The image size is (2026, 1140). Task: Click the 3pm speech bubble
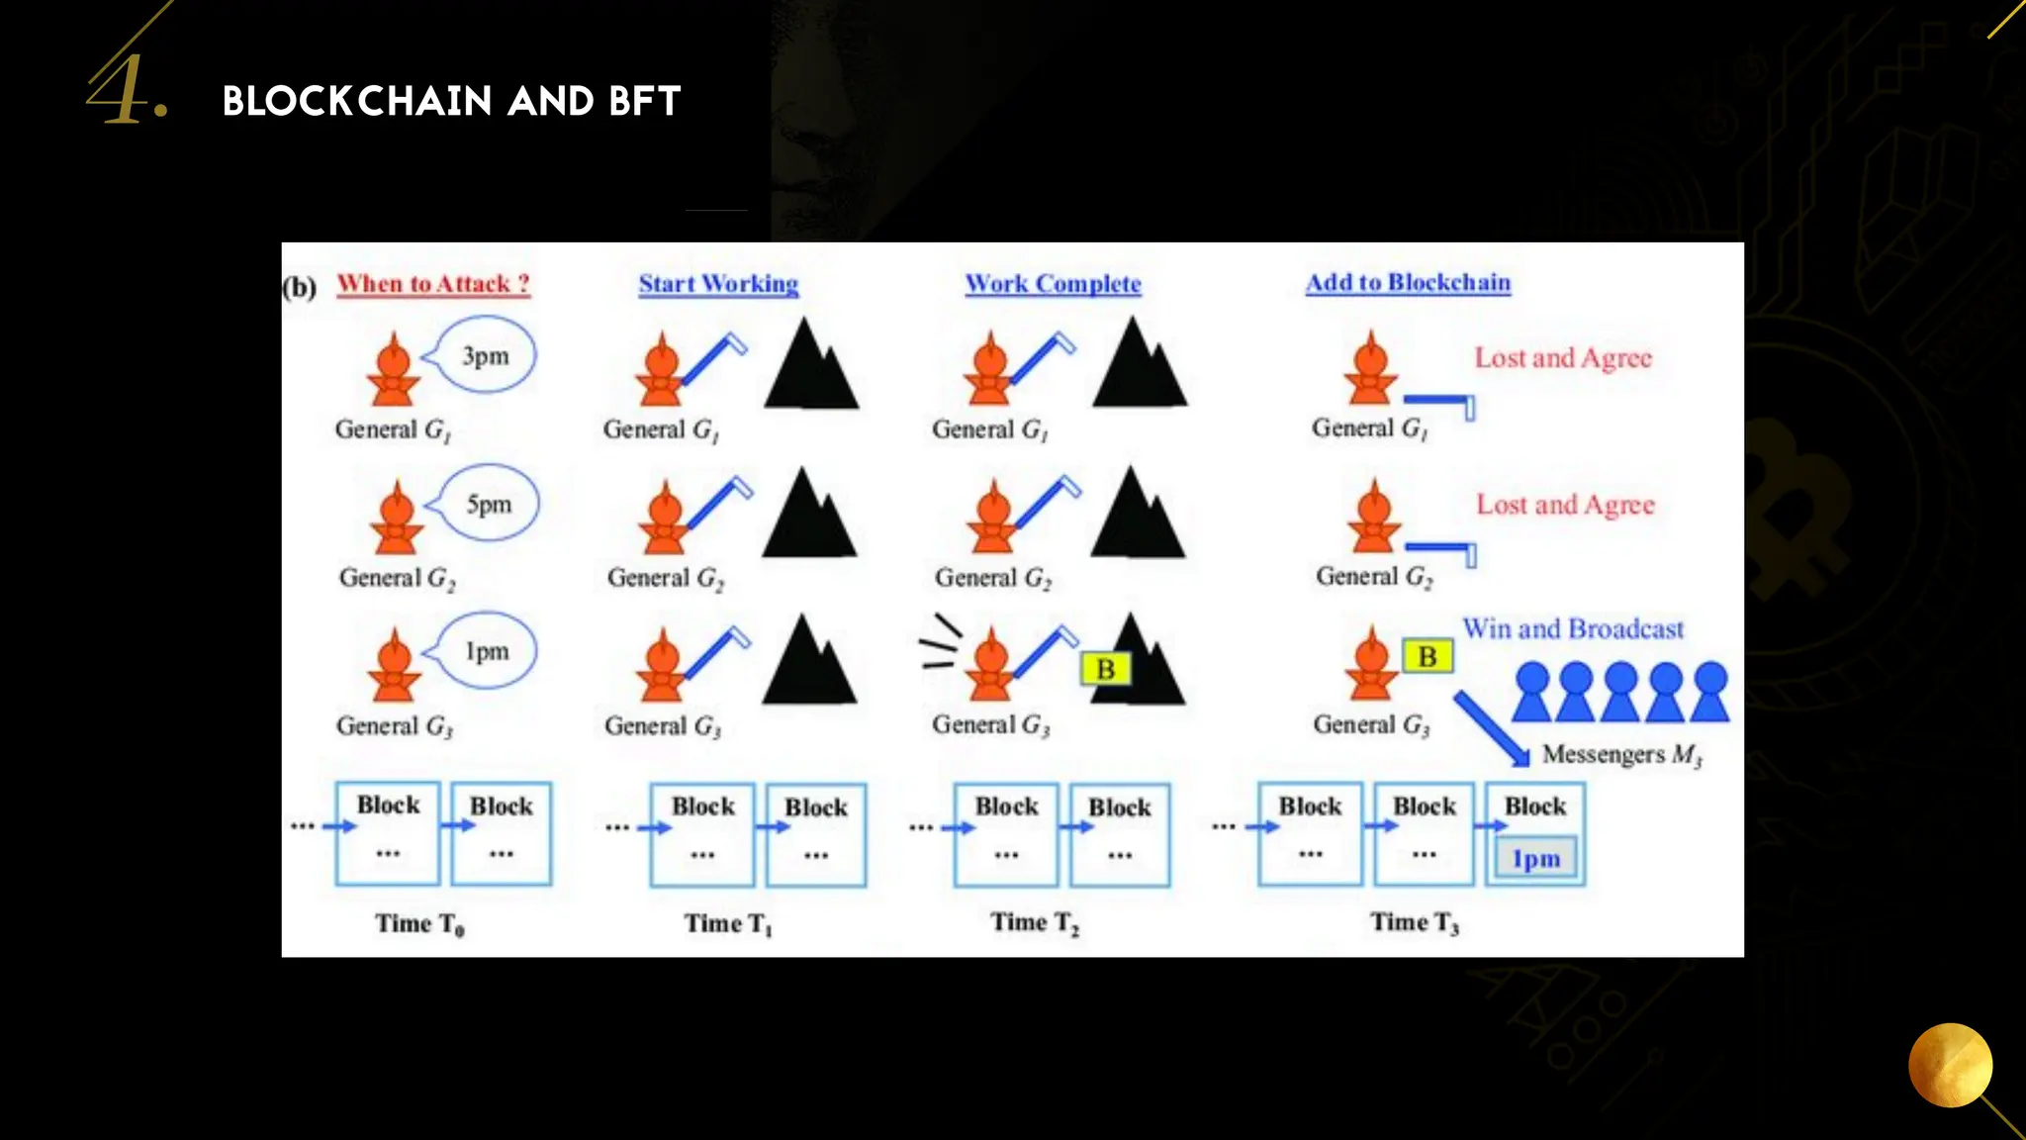tap(485, 355)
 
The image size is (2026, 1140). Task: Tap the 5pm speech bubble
tap(489, 504)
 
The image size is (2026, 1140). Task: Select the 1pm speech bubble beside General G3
tap(487, 651)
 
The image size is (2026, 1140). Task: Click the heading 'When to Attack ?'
tap(433, 284)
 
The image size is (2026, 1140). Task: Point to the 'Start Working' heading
tap(718, 284)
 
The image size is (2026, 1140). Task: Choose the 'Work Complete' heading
tap(1053, 284)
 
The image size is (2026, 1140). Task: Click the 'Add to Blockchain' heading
tap(1408, 283)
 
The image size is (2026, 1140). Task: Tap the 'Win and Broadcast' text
tap(1573, 629)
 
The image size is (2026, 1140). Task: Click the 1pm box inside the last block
tap(1535, 859)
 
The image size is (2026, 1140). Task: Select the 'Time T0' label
tap(419, 923)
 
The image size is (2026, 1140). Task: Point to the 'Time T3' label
tap(1414, 922)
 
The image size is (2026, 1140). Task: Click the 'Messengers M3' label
tap(1621, 755)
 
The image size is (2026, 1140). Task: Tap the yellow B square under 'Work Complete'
tap(1105, 670)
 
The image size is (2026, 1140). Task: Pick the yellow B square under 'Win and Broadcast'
tap(1427, 656)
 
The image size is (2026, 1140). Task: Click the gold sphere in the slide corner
tap(1950, 1065)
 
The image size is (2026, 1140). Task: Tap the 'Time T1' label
tap(728, 923)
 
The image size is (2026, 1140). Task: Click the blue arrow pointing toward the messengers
tap(1491, 728)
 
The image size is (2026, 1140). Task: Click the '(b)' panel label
tap(299, 288)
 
